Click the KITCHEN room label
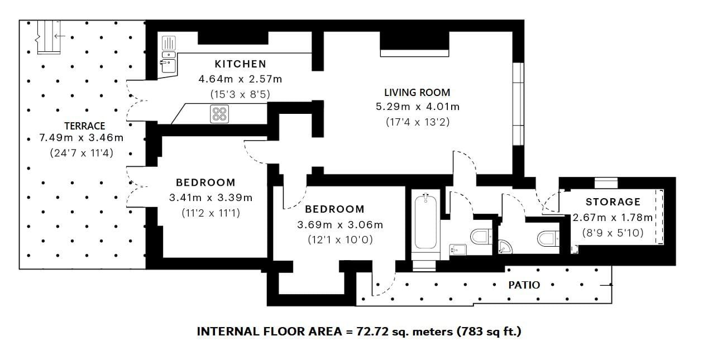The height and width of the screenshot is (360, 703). (241, 64)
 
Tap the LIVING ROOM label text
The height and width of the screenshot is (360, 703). (417, 93)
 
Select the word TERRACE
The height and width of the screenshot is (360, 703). (85, 126)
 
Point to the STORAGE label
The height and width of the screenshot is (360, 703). (613, 202)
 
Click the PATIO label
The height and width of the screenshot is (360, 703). (524, 285)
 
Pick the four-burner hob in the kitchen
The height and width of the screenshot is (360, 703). (219, 114)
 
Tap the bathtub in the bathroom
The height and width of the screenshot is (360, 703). (425, 222)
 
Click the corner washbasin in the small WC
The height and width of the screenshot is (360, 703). (505, 247)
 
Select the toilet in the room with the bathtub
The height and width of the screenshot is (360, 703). (481, 236)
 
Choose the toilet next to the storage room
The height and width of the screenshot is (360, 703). (548, 238)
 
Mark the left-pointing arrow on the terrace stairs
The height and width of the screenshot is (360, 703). (60, 36)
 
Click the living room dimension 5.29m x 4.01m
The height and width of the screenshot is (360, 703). (418, 107)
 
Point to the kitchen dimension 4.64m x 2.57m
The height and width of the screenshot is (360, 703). (241, 79)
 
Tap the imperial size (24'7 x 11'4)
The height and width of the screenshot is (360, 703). (82, 153)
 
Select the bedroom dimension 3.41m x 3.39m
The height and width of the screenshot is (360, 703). (211, 198)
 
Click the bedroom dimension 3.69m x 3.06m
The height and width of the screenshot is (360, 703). (340, 224)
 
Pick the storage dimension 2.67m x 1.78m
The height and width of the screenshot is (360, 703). (613, 217)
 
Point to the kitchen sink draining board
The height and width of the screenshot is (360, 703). (169, 44)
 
